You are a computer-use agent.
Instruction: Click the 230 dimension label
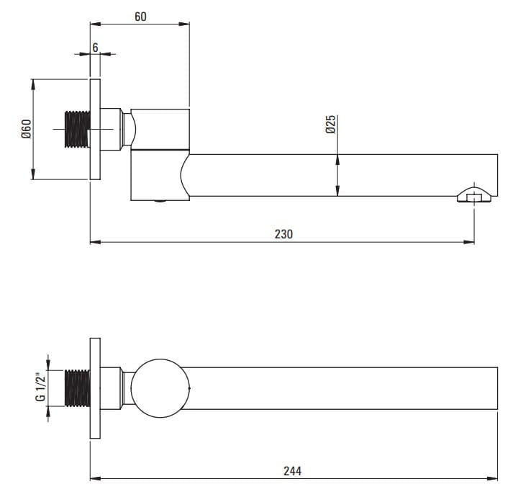pyautogui.click(x=283, y=233)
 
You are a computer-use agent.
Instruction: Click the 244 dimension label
pyautogui.click(x=292, y=471)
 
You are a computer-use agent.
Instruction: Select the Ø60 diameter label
pyautogui.click(x=25, y=129)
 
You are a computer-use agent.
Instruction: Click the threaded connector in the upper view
pyautogui.click(x=77, y=130)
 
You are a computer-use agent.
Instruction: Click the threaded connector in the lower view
pyautogui.click(x=77, y=389)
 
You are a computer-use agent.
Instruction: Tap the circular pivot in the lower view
pyautogui.click(x=160, y=387)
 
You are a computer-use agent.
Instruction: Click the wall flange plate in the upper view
pyautogui.click(x=94, y=130)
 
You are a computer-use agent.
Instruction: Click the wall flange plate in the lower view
pyautogui.click(x=94, y=387)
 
